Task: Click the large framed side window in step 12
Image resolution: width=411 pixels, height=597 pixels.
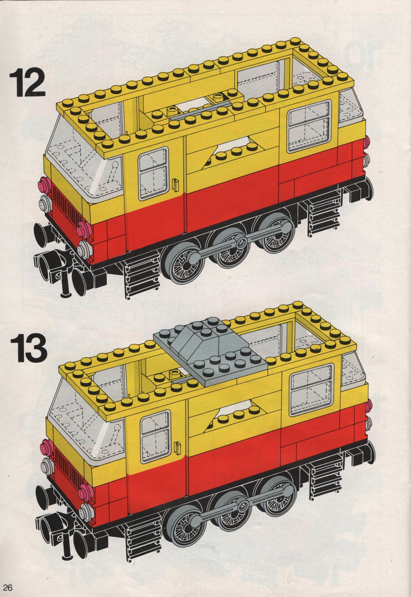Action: [309, 126]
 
